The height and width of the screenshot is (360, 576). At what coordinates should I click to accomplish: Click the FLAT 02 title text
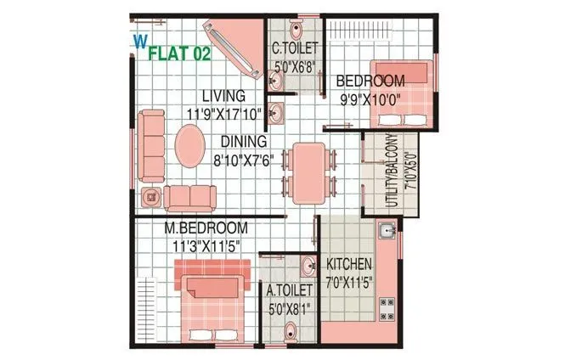coord(179,54)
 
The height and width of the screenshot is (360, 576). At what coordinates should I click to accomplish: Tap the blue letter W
coord(138,39)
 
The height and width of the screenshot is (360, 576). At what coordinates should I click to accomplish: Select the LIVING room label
coord(223,95)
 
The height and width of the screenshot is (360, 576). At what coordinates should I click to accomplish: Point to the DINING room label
coord(244,141)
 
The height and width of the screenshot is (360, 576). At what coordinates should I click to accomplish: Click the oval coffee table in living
coord(190,148)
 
